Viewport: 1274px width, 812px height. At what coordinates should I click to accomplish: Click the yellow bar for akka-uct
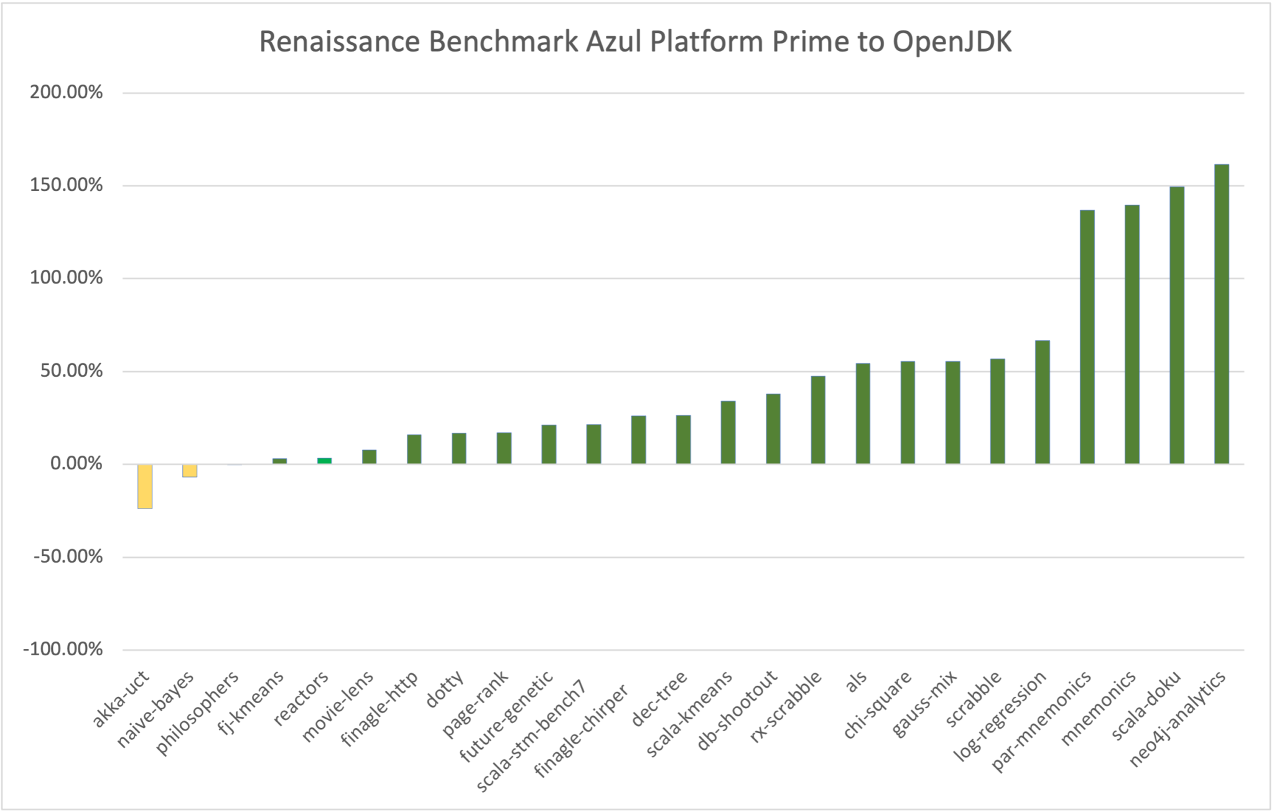145,486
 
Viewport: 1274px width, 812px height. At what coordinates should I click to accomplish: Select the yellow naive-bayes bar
190,471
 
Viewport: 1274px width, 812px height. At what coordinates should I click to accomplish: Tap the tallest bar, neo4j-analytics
1222,314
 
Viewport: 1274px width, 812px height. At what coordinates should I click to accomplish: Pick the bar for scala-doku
1177,325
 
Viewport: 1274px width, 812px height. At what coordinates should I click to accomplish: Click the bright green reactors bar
324,461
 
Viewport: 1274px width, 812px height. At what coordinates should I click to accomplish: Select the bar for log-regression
1043,402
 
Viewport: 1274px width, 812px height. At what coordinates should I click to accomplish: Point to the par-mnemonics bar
1087,337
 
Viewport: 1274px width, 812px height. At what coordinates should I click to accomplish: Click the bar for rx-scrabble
818,420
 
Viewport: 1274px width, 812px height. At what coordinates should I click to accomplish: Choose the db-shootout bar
773,428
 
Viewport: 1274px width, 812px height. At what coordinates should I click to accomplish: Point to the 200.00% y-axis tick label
66,93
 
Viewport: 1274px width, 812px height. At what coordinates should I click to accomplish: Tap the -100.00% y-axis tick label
63,649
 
